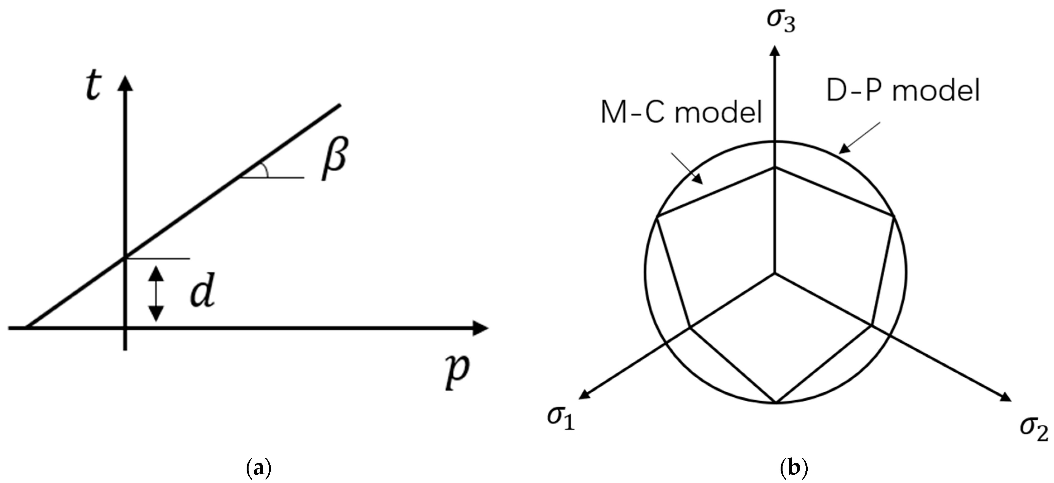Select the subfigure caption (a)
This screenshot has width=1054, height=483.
tap(259, 467)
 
